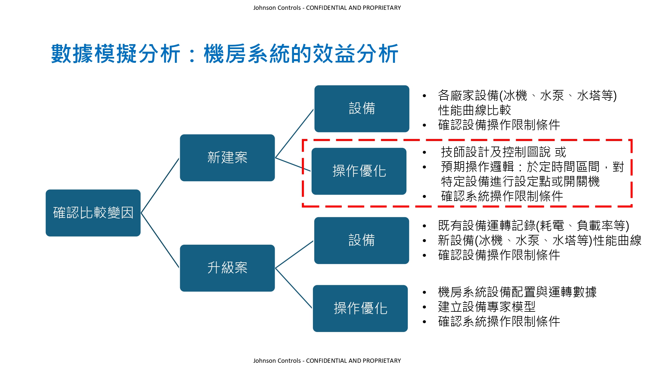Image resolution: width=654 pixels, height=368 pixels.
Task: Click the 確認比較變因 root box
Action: (x=93, y=213)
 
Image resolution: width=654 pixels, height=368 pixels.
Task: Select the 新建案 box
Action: (x=227, y=158)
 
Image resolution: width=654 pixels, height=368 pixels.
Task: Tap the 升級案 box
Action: (x=227, y=268)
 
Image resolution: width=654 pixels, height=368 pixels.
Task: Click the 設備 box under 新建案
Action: (x=362, y=109)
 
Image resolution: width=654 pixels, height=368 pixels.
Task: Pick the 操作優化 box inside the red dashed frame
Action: (x=359, y=171)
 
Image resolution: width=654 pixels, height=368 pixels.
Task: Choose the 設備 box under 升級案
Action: (x=361, y=240)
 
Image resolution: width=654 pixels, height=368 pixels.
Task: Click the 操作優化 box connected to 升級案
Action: (x=360, y=308)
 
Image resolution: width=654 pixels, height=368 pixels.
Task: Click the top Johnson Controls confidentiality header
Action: (x=327, y=8)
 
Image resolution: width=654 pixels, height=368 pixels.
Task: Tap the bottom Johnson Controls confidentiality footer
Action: (x=327, y=360)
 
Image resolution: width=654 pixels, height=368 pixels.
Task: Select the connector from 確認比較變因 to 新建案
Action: (x=160, y=186)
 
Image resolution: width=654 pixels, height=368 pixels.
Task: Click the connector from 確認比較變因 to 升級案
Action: (x=160, y=240)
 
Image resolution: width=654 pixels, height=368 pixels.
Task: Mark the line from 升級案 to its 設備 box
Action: (x=294, y=254)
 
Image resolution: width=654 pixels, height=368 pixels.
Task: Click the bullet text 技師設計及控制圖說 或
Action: (x=503, y=152)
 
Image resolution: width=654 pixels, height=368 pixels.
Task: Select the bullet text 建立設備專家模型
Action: (x=487, y=307)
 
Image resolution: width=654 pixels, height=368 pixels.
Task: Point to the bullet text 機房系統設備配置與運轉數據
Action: (x=517, y=292)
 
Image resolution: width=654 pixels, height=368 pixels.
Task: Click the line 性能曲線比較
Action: (x=474, y=110)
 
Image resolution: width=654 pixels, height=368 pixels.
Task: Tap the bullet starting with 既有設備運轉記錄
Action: (x=533, y=226)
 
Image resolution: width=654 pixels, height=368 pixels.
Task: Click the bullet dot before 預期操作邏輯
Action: (x=424, y=167)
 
